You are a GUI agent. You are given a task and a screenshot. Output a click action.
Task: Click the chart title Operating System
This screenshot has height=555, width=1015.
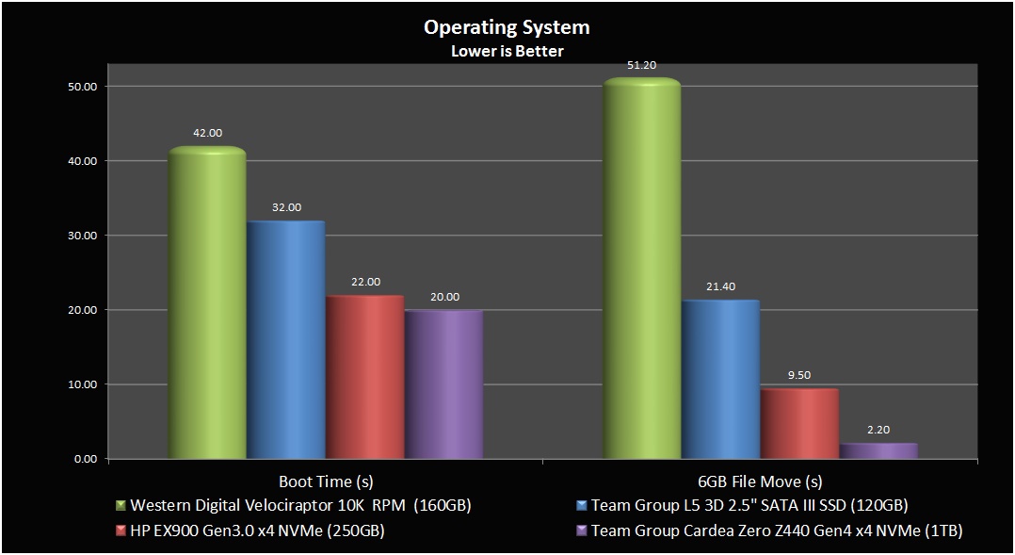507,27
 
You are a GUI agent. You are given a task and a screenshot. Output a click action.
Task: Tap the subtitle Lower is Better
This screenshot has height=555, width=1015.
507,51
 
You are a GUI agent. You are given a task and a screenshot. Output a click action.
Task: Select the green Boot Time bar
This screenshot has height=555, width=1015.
207,306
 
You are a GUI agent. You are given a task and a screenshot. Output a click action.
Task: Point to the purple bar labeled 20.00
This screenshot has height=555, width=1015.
443,385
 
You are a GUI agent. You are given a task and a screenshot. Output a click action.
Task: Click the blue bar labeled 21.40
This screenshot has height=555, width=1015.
719,381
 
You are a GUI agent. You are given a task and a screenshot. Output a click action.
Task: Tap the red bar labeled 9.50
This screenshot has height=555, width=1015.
798,424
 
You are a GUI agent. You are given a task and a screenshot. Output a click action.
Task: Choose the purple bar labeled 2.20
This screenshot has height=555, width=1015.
878,451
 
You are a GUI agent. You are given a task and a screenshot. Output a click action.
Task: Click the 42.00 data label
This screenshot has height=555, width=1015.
207,134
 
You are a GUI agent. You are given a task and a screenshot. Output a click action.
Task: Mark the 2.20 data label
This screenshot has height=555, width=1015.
878,430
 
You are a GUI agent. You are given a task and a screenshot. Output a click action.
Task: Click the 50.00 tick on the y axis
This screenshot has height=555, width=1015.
84,87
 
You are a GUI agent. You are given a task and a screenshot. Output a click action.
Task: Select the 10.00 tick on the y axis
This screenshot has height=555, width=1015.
84,384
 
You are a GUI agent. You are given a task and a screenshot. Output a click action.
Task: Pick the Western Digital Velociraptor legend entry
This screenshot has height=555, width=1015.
300,505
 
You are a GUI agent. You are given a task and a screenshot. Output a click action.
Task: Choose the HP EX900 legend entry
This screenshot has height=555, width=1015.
257,531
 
